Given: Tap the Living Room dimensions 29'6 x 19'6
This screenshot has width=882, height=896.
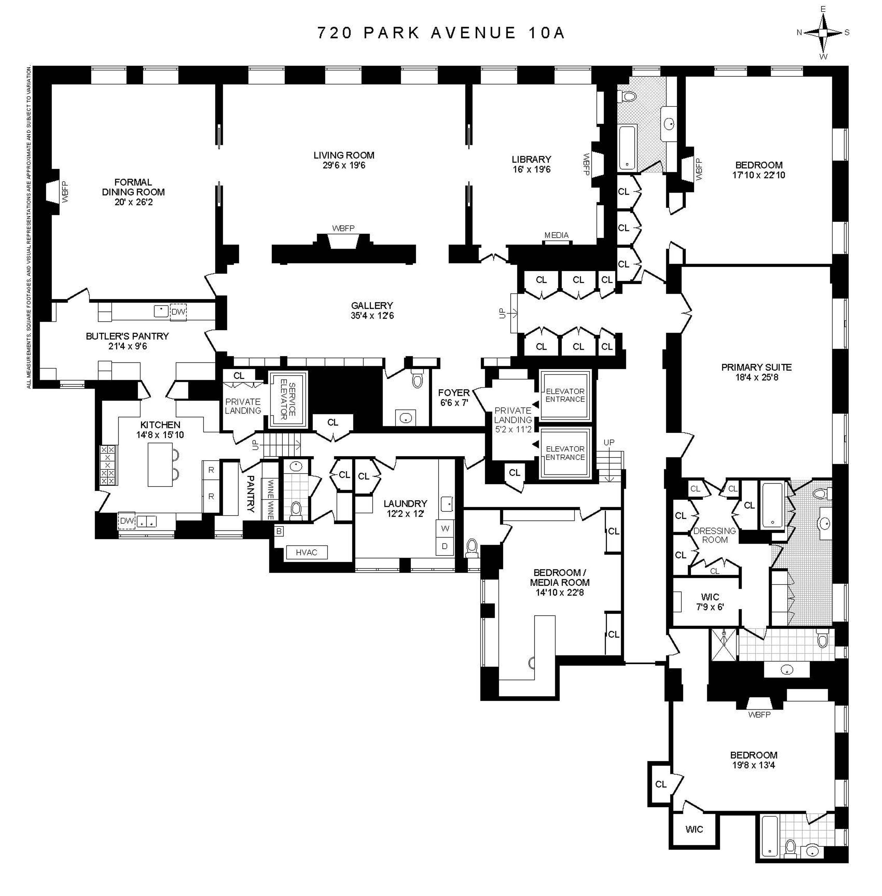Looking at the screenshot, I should [344, 165].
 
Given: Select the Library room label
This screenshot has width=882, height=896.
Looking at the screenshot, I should [531, 159].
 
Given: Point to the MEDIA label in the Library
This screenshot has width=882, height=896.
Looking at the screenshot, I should [556, 235].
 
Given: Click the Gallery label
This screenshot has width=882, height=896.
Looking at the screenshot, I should [372, 306].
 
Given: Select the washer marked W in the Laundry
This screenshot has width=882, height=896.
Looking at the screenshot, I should [445, 528].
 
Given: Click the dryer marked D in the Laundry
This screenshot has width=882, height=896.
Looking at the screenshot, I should [445, 546].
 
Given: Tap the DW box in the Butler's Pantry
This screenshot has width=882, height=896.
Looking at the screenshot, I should [178, 312].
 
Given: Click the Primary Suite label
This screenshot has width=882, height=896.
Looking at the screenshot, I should [756, 367].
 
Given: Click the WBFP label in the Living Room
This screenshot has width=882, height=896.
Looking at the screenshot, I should [343, 228].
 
